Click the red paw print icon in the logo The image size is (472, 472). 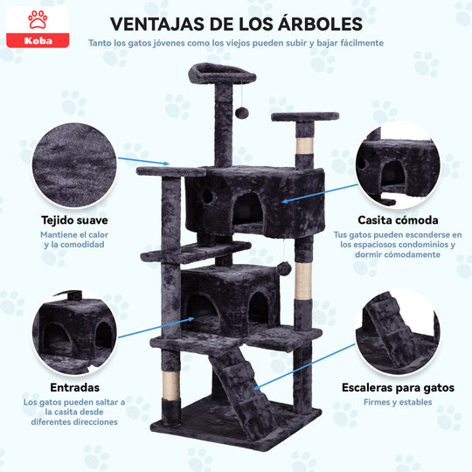click(38, 19)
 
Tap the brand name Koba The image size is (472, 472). click(38, 40)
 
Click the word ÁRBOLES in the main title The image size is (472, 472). click(320, 24)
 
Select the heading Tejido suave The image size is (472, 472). click(74, 220)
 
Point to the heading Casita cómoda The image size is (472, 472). click(398, 220)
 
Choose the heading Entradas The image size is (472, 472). click(74, 387)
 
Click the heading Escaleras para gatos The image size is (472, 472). click(398, 388)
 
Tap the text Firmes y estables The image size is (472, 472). click(398, 402)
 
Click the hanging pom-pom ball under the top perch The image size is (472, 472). click(242, 113)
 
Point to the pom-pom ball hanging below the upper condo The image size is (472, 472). click(284, 268)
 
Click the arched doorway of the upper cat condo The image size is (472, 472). click(248, 209)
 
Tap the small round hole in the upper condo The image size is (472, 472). click(208, 197)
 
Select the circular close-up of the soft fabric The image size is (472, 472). click(74, 165)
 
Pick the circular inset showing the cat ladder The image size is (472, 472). click(398, 333)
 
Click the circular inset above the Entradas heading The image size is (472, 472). click(74, 333)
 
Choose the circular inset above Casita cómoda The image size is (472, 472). click(398, 165)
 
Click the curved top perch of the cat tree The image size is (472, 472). click(222, 73)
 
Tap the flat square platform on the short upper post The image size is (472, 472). click(305, 117)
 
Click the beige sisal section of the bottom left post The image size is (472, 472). click(170, 385)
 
